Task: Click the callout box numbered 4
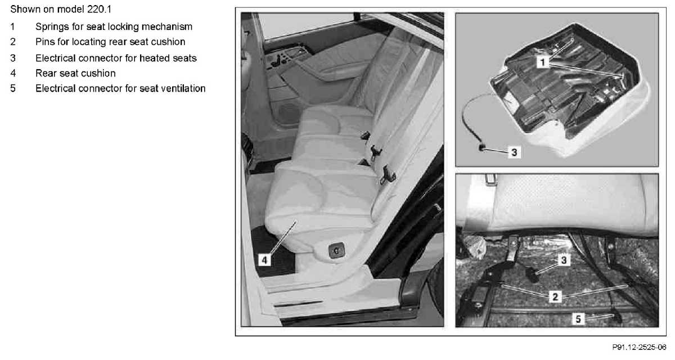(264, 260)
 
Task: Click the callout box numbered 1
(542, 62)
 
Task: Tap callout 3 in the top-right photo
(514, 152)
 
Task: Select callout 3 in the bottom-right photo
(564, 260)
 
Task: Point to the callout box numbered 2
(555, 297)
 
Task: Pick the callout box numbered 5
(578, 319)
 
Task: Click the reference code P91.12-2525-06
(639, 348)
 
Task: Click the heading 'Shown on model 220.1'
(61, 10)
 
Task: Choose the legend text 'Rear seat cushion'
(75, 73)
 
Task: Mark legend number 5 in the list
(12, 88)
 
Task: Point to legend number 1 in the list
(12, 27)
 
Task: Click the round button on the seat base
(336, 250)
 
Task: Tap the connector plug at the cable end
(481, 147)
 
